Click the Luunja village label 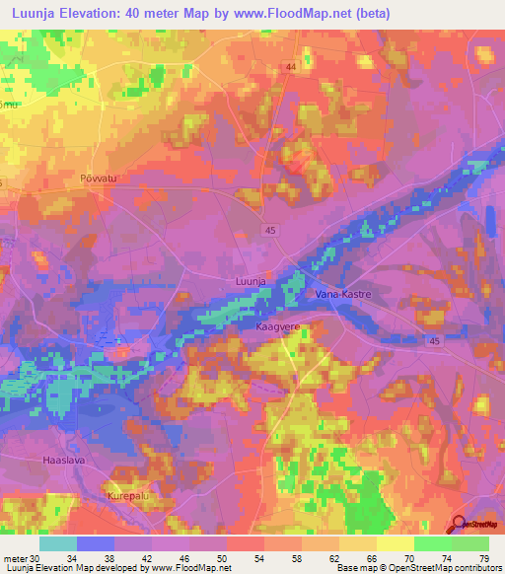click(x=251, y=282)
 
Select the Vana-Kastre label click(x=342, y=295)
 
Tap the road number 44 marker click(x=291, y=66)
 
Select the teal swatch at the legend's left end click(x=58, y=542)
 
